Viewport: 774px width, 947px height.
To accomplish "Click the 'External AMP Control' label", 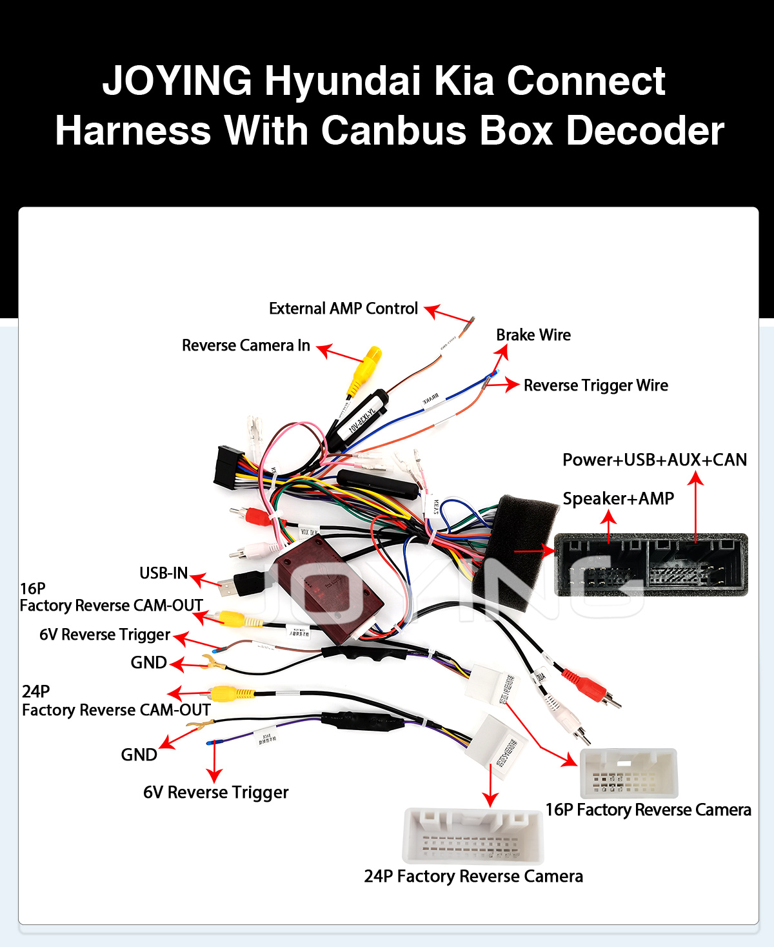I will (343, 309).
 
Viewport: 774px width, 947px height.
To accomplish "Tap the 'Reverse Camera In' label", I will (246, 345).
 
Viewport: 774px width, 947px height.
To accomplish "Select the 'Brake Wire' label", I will (533, 335).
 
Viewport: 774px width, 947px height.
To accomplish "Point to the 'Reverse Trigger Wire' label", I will (595, 385).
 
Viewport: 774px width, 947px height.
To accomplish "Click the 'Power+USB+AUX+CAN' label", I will (654, 460).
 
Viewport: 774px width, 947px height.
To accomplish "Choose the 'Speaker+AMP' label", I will (618, 498).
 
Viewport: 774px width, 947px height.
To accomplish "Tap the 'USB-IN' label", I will (163, 573).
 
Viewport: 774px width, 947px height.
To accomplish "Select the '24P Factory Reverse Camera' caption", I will (473, 876).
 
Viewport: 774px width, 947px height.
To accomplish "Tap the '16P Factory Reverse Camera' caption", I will (648, 810).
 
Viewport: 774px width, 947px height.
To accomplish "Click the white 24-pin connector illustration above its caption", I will (473, 836).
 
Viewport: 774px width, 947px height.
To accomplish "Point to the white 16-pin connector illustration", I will (629, 773).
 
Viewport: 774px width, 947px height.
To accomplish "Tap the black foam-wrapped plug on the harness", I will (516, 549).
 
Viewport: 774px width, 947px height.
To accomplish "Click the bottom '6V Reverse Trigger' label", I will (215, 792).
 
